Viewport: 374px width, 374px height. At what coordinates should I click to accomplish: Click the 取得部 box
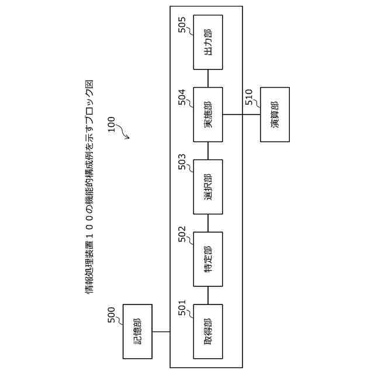[207, 331]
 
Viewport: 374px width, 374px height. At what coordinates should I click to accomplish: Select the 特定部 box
[207, 259]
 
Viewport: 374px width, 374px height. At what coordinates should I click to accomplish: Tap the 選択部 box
[207, 186]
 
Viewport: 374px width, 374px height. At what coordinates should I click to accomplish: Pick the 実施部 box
[207, 115]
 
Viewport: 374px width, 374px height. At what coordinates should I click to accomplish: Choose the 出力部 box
[207, 42]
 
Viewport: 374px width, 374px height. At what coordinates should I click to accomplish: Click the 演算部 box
[275, 115]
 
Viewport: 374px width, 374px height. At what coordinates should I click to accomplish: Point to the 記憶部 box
[137, 331]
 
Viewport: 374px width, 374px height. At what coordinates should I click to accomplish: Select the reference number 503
[182, 164]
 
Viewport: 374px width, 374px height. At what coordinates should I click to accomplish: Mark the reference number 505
[182, 25]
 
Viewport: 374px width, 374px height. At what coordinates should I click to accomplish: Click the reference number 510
[250, 97]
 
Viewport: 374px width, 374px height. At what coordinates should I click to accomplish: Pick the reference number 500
[112, 314]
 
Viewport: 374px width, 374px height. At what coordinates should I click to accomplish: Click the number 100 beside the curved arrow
[111, 124]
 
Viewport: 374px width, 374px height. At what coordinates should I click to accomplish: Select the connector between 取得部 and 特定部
[207, 295]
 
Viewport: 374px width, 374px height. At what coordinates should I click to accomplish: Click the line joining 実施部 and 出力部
[207, 78]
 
